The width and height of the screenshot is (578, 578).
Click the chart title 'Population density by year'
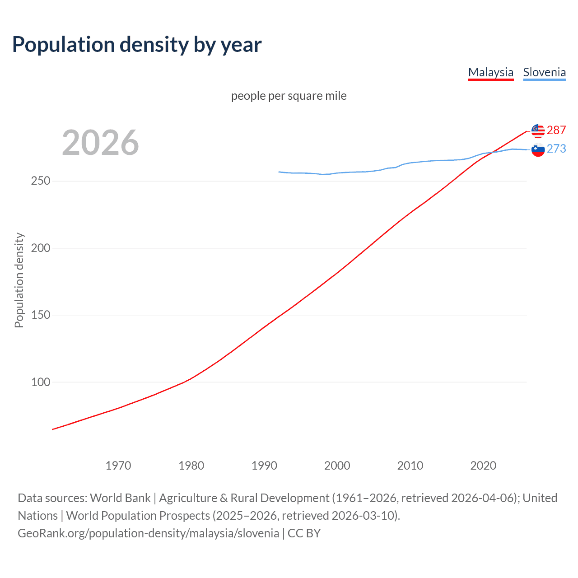[x=137, y=45]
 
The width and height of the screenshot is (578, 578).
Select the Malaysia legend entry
[x=491, y=72]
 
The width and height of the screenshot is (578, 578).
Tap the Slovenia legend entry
[x=544, y=72]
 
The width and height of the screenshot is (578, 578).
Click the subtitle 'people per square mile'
[x=289, y=96]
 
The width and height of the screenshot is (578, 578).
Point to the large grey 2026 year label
[x=100, y=143]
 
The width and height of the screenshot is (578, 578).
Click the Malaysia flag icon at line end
[x=538, y=131]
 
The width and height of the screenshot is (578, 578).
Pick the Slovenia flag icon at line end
[x=538, y=149]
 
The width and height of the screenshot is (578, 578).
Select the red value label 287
[x=556, y=130]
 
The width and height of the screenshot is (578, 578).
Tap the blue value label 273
[x=556, y=149]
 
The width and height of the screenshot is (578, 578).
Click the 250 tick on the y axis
[x=41, y=181]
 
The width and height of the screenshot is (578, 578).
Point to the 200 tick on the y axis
[x=41, y=248]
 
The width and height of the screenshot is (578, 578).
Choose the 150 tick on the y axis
[x=41, y=315]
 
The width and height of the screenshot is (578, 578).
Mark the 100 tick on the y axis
[x=41, y=382]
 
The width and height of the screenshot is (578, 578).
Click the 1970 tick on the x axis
[x=118, y=466]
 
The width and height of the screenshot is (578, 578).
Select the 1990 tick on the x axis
[x=264, y=466]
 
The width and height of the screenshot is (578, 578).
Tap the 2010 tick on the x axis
[x=410, y=466]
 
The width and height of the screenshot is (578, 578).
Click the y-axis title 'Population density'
[x=19, y=280]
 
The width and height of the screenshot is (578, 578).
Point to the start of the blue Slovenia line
[x=279, y=172]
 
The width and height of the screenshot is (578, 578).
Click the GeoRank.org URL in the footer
[x=148, y=533]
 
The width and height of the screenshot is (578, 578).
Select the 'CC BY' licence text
[x=304, y=533]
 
